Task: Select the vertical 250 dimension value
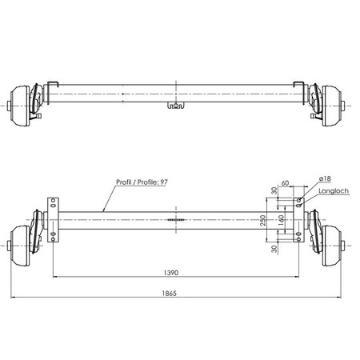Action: [x=264, y=220]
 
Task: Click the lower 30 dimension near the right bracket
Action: [x=274, y=249]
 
